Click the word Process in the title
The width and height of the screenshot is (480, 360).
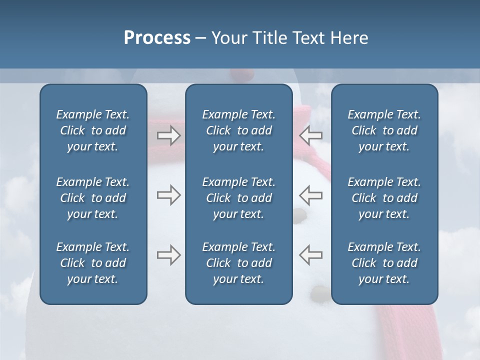pyautogui.click(x=157, y=38)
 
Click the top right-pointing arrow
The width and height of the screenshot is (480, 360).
pyautogui.click(x=168, y=135)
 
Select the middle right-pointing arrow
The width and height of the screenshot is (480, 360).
pyautogui.click(x=168, y=195)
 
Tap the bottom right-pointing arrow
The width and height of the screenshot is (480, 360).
pyautogui.click(x=168, y=255)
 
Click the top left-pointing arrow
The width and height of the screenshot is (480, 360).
pyautogui.click(x=310, y=135)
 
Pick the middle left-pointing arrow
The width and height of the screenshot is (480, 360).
pyautogui.click(x=310, y=195)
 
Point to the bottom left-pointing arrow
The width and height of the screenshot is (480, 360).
pyautogui.click(x=310, y=255)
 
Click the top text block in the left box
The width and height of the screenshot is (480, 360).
pyautogui.click(x=93, y=130)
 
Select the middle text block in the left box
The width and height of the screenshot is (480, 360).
pyautogui.click(x=93, y=198)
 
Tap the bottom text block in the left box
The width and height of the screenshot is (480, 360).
pyautogui.click(x=93, y=263)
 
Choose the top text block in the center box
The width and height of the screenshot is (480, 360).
pyautogui.click(x=238, y=130)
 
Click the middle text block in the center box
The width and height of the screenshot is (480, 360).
pyautogui.click(x=238, y=198)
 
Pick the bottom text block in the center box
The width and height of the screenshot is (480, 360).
pyautogui.click(x=238, y=263)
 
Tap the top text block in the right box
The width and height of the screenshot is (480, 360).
pyautogui.click(x=384, y=130)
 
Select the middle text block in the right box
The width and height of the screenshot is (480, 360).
pyautogui.click(x=384, y=198)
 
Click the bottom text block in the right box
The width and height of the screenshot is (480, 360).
pyautogui.click(x=384, y=263)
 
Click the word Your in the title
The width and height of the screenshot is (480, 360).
pyautogui.click(x=228, y=38)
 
